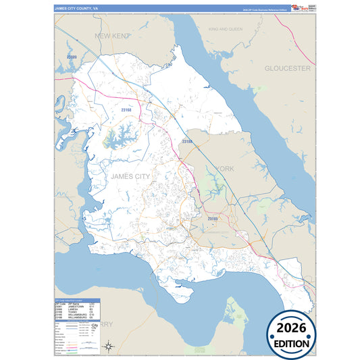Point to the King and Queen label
point(226,30)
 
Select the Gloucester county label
point(287,68)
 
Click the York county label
point(224,168)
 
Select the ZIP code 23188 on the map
point(187,142)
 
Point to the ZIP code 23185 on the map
point(212,219)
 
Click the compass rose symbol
point(107,347)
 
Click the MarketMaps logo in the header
point(297,8)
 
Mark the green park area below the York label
point(215,192)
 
